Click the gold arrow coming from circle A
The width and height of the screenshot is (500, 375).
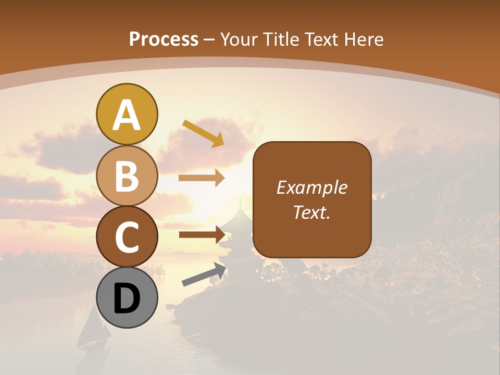coord(203,133)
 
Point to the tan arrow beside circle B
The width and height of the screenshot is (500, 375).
coord(202,178)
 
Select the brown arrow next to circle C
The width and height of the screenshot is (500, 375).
coord(202,234)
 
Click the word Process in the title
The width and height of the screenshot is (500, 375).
coord(164,39)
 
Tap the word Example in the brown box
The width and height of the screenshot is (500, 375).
coord(311,187)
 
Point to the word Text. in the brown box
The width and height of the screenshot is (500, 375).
coord(311,212)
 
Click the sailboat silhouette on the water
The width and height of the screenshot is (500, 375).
coord(93,328)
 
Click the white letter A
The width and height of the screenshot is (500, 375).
coord(127,116)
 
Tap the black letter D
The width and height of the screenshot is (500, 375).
coord(127,299)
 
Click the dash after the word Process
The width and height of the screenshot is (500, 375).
coord(209,40)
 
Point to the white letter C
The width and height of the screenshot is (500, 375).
coord(127,238)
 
